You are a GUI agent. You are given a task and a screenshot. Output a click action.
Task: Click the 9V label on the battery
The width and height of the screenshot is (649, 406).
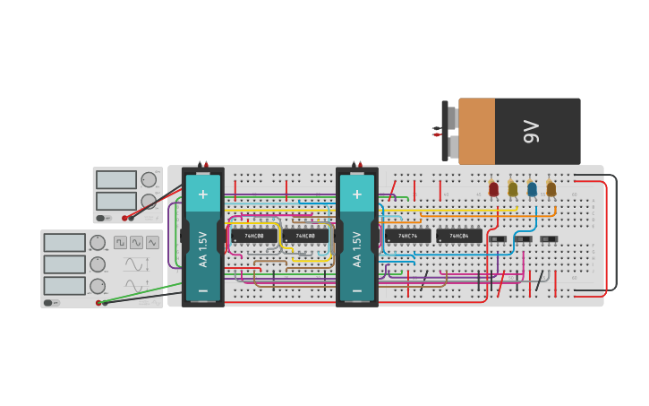(532, 132)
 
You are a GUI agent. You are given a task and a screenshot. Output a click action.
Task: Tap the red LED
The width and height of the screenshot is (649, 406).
(493, 189)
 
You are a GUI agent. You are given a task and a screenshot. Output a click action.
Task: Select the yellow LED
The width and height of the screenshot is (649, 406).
(513, 189)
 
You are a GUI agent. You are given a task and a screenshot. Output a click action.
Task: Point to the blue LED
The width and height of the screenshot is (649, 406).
(532, 189)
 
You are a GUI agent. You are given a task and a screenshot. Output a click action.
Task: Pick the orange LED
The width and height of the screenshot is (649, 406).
(551, 189)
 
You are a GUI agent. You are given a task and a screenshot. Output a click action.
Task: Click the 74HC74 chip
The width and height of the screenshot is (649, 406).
(408, 237)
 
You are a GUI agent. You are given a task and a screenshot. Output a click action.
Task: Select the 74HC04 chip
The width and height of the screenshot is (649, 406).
(459, 237)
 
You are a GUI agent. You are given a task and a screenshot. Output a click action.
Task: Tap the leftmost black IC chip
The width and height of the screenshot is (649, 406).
(254, 237)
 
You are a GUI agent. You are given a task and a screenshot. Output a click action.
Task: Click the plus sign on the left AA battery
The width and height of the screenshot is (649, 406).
(203, 194)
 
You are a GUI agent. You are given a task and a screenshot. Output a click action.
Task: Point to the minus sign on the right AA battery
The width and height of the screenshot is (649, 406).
(357, 290)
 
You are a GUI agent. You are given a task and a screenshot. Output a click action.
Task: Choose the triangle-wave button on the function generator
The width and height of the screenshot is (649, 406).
(152, 242)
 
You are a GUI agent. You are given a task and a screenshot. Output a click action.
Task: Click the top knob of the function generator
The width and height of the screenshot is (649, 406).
(97, 243)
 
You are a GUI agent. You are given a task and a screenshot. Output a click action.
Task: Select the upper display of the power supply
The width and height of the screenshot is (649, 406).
(116, 179)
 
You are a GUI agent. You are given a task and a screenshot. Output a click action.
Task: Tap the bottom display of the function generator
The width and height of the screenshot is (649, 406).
(64, 286)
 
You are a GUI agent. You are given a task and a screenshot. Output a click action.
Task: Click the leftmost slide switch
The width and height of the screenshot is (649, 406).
(498, 239)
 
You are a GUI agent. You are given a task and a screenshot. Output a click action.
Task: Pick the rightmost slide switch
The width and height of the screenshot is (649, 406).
(549, 239)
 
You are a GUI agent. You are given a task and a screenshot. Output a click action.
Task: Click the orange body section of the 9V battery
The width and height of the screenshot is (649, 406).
(477, 132)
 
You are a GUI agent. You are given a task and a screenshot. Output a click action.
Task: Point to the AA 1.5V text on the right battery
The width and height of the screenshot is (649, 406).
(357, 249)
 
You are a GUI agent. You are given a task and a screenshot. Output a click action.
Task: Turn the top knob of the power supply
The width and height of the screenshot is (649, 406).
(149, 179)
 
